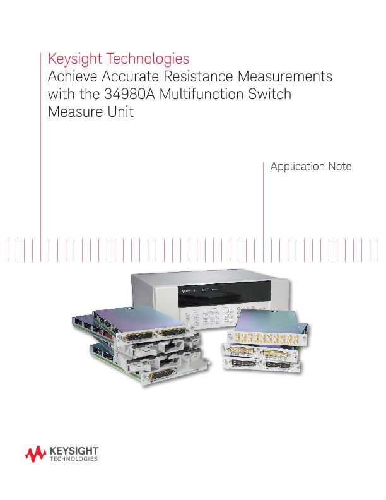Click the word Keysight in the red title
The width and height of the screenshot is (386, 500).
point(75,59)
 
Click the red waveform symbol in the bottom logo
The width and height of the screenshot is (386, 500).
point(33,453)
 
